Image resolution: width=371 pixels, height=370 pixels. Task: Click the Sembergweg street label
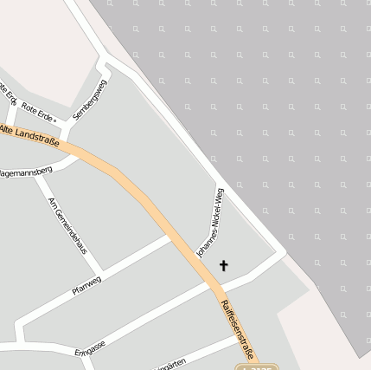click(x=90, y=100)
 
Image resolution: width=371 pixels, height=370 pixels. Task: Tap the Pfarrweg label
click(x=86, y=284)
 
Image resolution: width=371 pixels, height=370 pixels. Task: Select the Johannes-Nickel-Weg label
click(x=210, y=221)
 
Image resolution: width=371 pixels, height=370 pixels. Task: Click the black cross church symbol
click(x=224, y=265)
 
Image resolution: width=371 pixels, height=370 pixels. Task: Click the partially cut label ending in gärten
click(x=169, y=366)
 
